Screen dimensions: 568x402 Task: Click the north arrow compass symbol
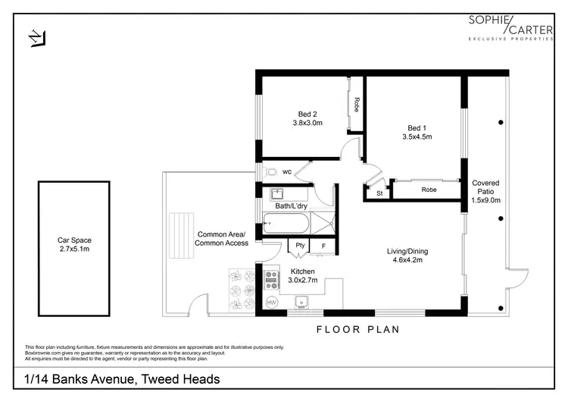click(x=37, y=38)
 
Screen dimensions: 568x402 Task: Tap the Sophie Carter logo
click(x=510, y=27)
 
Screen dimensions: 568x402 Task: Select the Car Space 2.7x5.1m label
click(x=74, y=244)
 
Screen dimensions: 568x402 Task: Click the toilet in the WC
click(x=270, y=171)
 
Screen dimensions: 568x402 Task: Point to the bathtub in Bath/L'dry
click(x=286, y=223)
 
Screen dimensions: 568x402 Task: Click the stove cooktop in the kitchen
click(x=272, y=280)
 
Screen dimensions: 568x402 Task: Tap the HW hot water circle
click(x=271, y=302)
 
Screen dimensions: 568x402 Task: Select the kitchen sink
click(x=301, y=302)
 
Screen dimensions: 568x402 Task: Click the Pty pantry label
click(x=300, y=245)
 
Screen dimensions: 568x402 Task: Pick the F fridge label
click(x=323, y=246)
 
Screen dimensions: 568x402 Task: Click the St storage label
click(x=379, y=193)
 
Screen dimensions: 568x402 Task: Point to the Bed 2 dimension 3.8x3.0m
click(x=307, y=123)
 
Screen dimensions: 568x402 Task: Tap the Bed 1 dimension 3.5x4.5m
click(x=417, y=137)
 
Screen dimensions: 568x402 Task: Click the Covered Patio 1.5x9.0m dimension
click(x=485, y=200)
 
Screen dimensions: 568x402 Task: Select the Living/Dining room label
click(x=407, y=251)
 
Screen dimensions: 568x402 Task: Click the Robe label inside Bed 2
click(x=357, y=105)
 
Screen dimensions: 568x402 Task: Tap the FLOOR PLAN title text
click(x=358, y=329)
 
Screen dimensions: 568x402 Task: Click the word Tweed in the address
click(x=159, y=379)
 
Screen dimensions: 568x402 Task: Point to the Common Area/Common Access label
click(x=221, y=239)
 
